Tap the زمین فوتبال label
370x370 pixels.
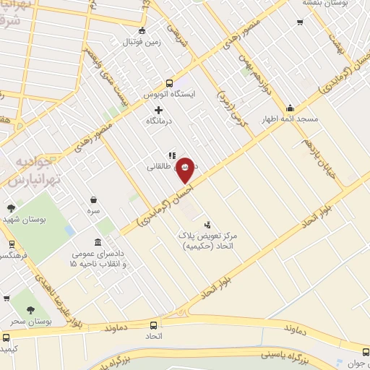[x=142, y=43]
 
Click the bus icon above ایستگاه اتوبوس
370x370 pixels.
[x=170, y=82]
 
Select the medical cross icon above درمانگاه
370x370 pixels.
[x=159, y=110]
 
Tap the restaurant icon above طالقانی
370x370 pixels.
[x=172, y=155]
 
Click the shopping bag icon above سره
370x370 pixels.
[x=94, y=199]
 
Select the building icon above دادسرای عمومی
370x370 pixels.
[x=98, y=243]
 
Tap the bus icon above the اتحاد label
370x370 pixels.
[x=153, y=326]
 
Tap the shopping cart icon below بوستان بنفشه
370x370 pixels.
[x=300, y=22]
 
